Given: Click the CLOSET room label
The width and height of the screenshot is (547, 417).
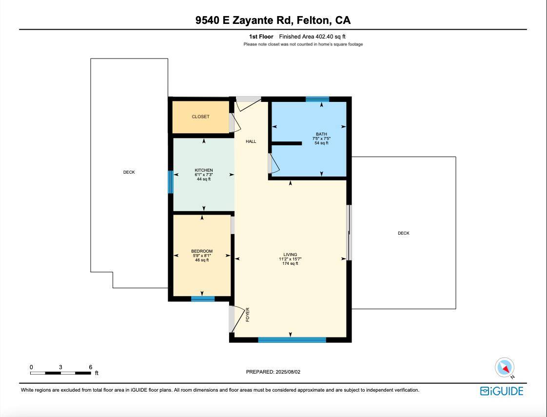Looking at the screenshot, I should [x=200, y=117].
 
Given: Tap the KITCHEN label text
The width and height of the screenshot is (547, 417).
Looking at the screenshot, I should [x=203, y=170].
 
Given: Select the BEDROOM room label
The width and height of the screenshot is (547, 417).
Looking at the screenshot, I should [x=202, y=251].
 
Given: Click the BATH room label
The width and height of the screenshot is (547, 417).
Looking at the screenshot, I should [x=321, y=134].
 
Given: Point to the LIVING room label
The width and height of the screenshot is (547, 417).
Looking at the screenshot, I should [x=290, y=255].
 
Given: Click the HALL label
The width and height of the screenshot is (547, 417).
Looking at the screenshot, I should [x=251, y=141].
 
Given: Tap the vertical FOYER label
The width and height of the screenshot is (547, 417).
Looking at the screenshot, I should [x=248, y=315].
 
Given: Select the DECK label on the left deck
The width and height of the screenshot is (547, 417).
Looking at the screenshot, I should [x=129, y=172].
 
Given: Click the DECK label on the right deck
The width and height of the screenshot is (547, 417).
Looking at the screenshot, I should [x=403, y=233].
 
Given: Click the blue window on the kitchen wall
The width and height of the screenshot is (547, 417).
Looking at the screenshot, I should [x=171, y=182].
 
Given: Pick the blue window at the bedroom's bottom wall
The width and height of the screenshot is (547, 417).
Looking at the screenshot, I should [x=203, y=299].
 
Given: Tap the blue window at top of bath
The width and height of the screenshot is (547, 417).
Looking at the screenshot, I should [x=317, y=99].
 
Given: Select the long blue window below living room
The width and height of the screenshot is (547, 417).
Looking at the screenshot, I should [x=292, y=340].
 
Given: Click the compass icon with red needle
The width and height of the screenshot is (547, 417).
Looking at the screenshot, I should [x=505, y=368].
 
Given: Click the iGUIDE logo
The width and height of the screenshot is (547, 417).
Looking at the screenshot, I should [x=502, y=391].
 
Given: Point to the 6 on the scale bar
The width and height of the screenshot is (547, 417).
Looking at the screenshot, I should [x=91, y=367].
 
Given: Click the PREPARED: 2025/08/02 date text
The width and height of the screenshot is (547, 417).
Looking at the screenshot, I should [x=273, y=372].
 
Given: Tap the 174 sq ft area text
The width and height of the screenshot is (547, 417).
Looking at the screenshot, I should [x=290, y=264].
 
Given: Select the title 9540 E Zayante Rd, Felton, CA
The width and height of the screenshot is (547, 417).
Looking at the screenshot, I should [x=273, y=20].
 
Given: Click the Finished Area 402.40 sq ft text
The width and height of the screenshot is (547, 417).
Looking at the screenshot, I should [x=312, y=37].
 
